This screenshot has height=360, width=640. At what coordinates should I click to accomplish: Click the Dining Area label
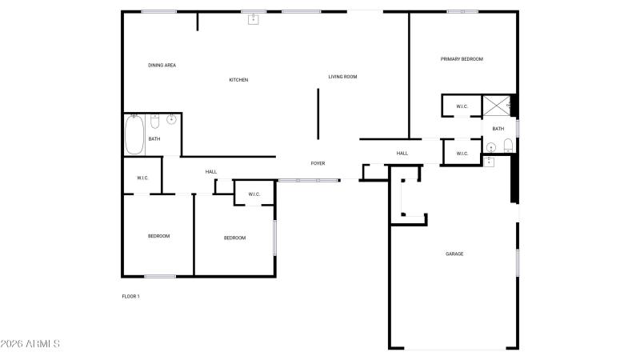(162, 66)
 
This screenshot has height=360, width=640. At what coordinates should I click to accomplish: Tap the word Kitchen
(238, 80)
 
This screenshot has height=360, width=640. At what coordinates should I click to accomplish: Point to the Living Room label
(343, 77)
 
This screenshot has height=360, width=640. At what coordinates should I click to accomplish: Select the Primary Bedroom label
(462, 59)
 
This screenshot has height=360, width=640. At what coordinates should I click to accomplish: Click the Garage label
(454, 254)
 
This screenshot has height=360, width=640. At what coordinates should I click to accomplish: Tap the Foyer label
(318, 163)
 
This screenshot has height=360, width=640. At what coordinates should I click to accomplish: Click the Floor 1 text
(130, 296)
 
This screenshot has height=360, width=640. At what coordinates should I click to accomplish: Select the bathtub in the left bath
(134, 134)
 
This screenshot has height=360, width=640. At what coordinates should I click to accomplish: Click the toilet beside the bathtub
(154, 122)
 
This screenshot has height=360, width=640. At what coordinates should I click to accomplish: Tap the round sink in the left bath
(171, 119)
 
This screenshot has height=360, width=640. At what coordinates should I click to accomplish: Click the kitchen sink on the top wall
(254, 18)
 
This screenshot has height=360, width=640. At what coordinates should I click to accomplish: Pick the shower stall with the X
(497, 106)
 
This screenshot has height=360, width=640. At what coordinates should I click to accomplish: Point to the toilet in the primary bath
(508, 146)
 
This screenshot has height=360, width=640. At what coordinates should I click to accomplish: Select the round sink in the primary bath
(491, 147)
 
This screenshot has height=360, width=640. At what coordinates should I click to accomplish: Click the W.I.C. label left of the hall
(142, 178)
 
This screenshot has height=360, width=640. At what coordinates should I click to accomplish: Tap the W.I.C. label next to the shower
(462, 107)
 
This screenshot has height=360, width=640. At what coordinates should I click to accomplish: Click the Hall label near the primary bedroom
(402, 154)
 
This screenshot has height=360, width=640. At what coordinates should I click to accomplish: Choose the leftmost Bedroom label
(158, 236)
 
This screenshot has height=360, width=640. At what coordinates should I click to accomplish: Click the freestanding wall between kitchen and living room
(318, 114)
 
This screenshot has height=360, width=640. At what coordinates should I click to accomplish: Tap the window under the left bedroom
(160, 276)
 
